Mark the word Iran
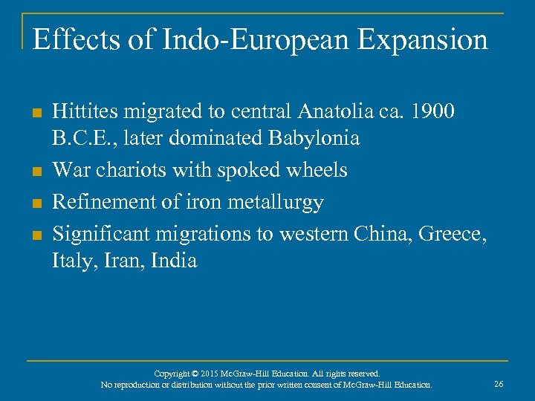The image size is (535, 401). click(x=115, y=261)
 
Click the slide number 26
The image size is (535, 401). click(x=499, y=384)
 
